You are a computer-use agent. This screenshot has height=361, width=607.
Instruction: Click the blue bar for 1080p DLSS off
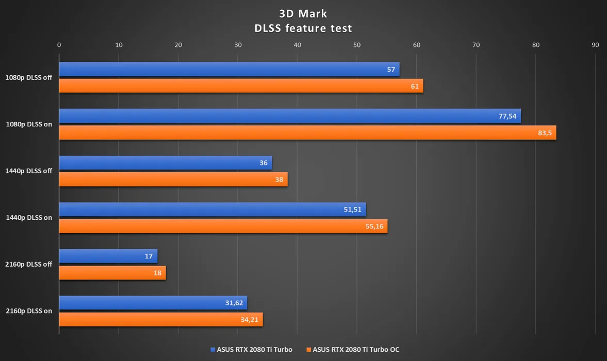click(229, 69)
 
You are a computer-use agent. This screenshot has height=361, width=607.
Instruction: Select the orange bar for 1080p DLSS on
click(307, 133)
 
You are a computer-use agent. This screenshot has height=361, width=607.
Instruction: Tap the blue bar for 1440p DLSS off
click(165, 163)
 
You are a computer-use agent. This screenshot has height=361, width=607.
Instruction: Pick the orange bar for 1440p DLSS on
click(223, 226)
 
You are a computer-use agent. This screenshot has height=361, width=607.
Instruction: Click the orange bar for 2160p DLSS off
click(112, 273)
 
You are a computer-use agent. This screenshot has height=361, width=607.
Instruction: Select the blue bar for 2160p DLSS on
click(153, 303)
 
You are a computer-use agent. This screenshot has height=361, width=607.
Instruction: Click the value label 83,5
click(545, 133)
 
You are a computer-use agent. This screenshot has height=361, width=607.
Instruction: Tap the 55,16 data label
click(375, 226)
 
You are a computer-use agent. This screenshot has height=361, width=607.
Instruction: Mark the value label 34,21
click(250, 320)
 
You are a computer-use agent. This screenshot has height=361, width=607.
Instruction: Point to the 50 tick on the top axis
click(357, 45)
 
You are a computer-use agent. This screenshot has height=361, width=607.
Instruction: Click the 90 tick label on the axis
click(595, 45)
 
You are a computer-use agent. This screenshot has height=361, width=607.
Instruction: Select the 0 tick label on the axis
click(59, 45)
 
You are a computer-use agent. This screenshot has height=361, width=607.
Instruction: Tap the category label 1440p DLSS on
click(29, 218)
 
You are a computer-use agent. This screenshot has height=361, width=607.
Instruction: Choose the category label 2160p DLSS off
click(29, 265)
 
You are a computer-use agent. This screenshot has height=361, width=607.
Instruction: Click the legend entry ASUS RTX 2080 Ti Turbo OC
click(355, 350)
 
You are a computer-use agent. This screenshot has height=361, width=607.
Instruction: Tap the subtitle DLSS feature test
click(303, 28)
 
